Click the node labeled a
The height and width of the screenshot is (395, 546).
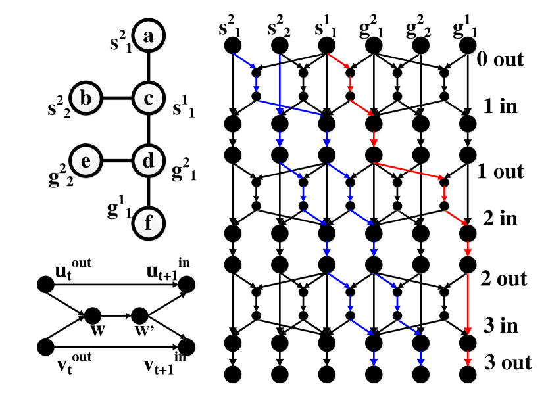click(149, 35)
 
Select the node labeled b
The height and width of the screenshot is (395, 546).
click(86, 99)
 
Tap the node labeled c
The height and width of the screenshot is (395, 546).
click(149, 99)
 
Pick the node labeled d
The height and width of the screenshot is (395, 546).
click(149, 161)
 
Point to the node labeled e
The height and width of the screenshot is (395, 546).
click(86, 161)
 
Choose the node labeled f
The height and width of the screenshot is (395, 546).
click(149, 223)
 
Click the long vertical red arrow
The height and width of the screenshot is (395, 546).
click(468, 304)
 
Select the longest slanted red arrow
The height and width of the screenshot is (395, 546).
click(408, 170)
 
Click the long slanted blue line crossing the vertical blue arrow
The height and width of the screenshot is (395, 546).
click(289, 108)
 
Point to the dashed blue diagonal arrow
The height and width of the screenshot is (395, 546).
click(409, 326)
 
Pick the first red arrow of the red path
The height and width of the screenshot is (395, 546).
click(338, 61)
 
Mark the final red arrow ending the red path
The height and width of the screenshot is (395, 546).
click(468, 358)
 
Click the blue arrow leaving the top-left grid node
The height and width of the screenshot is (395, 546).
click(244, 61)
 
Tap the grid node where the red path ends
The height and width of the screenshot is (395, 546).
click(468, 375)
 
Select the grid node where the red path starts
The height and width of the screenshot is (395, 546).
click(327, 47)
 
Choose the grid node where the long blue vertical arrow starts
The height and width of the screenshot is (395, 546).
click(280, 47)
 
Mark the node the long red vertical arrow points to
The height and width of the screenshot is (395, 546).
click(468, 343)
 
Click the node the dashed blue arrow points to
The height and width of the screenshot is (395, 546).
click(421, 343)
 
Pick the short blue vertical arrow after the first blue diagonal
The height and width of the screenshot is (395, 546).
click(257, 83)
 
